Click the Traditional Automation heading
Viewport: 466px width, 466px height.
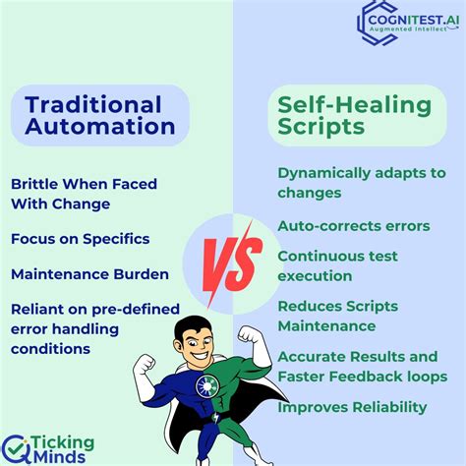click(x=93, y=115)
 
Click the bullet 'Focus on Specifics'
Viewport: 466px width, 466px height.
click(x=81, y=238)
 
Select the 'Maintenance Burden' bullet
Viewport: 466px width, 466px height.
click(x=89, y=274)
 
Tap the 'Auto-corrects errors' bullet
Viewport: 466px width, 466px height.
click(x=353, y=226)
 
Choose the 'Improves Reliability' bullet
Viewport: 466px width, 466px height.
click(x=352, y=407)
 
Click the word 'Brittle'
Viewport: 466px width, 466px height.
click(x=36, y=184)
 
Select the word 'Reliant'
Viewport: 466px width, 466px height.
click(x=38, y=310)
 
